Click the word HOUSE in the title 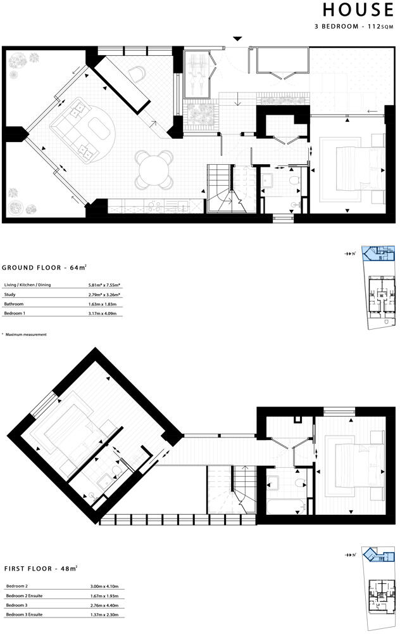[357, 10]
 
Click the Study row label [9, 294]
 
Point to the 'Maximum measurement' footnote [26, 334]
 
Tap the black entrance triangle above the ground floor [237, 39]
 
